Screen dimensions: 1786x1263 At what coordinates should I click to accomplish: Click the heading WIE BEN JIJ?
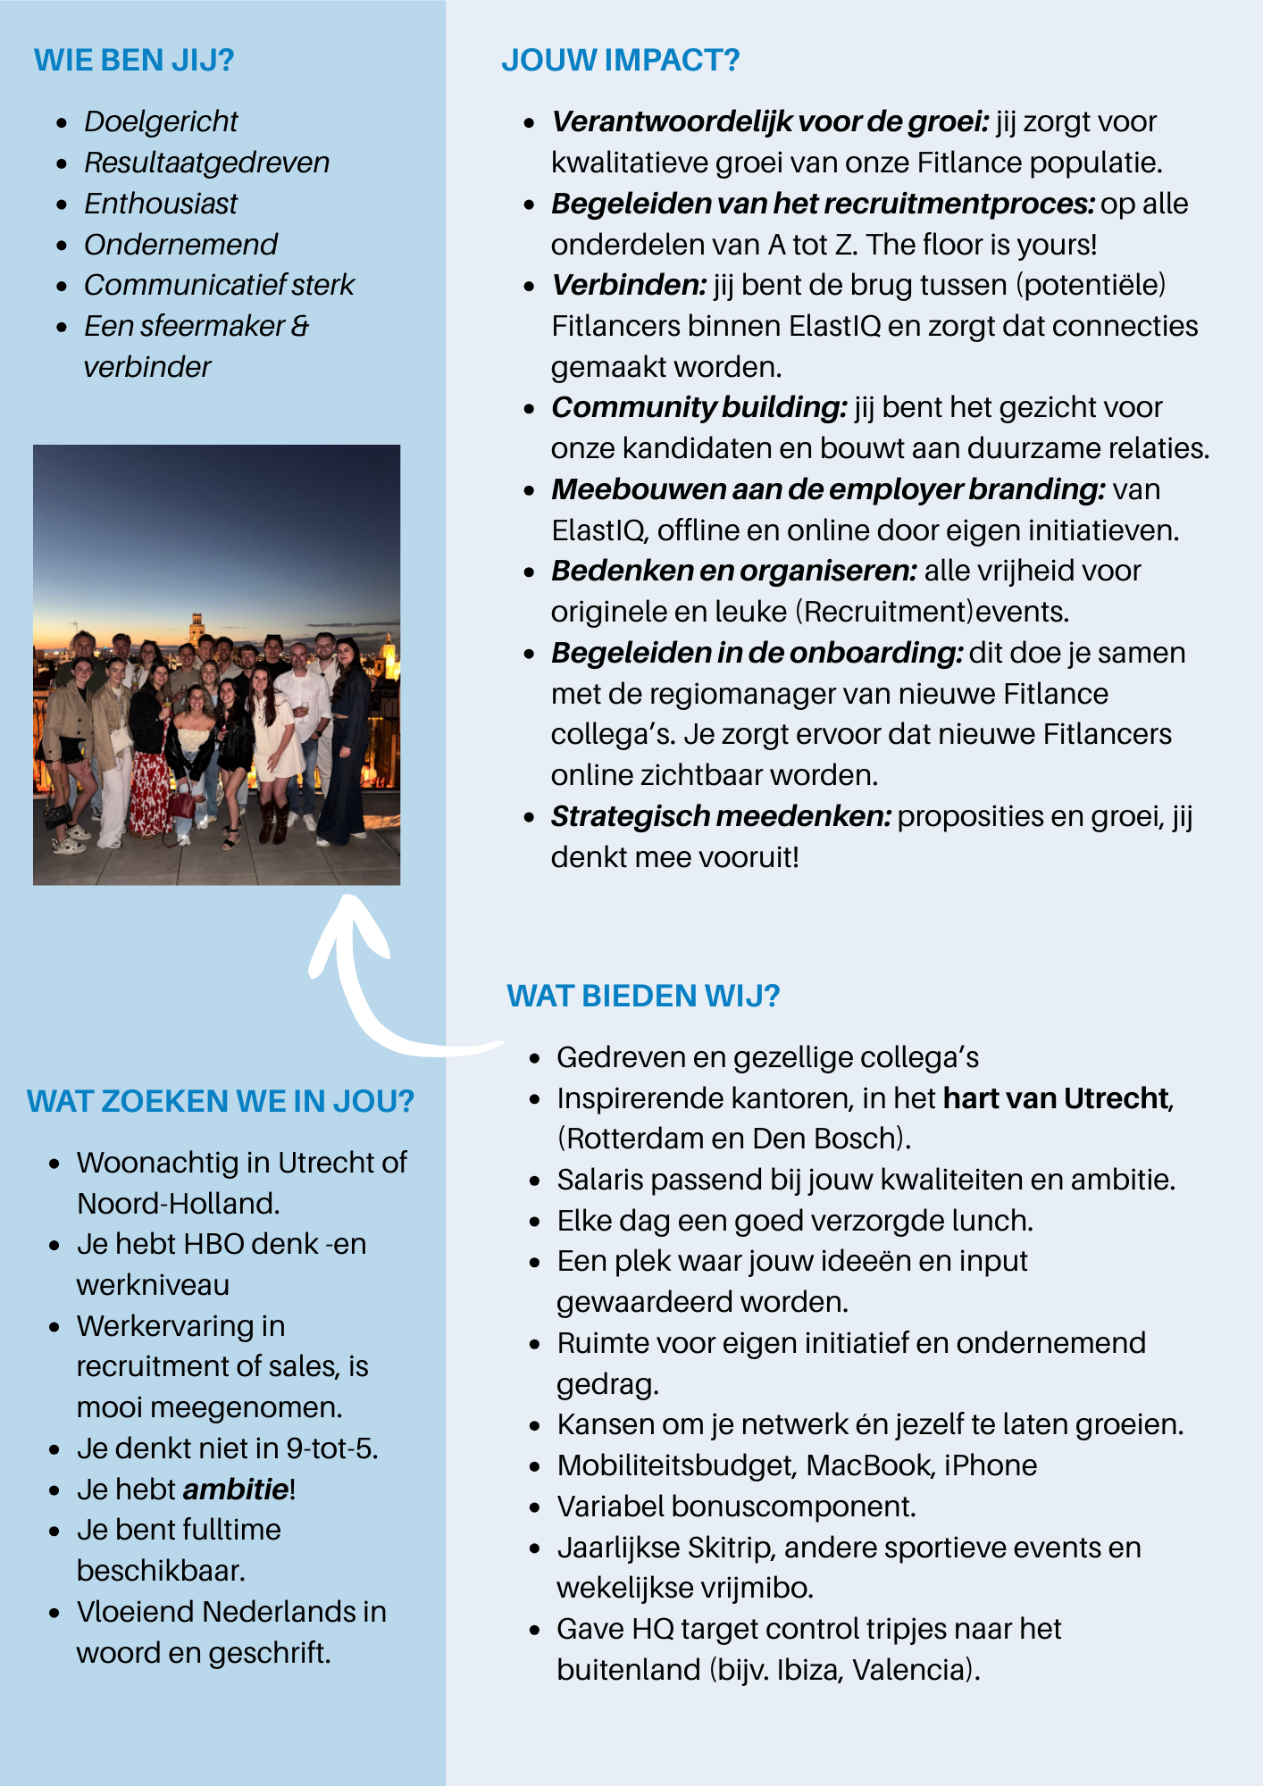pyautogui.click(x=134, y=61)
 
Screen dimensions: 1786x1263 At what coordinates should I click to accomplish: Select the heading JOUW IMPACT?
pyautogui.click(x=620, y=61)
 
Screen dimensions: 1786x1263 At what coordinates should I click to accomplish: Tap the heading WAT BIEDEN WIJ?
pyautogui.click(x=643, y=996)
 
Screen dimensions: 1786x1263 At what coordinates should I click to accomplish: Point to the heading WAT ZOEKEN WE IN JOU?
pyautogui.click(x=221, y=1101)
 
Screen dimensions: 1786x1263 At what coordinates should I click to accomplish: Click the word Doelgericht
pyautogui.click(x=161, y=121)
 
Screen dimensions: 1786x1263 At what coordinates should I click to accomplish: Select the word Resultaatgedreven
pyautogui.click(x=206, y=163)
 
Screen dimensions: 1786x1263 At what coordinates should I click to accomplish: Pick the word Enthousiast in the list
pyautogui.click(x=161, y=204)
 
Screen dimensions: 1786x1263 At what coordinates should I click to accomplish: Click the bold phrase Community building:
pyautogui.click(x=699, y=407)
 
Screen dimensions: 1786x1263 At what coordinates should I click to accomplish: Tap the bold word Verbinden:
pyautogui.click(x=629, y=285)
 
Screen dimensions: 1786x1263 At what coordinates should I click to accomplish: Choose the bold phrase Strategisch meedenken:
pyautogui.click(x=721, y=816)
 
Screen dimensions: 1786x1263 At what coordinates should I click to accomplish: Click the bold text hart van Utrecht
pyautogui.click(x=1056, y=1097)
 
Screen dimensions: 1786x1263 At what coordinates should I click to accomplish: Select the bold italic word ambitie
pyautogui.click(x=236, y=1490)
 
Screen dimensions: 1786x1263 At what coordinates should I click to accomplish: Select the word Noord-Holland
pyautogui.click(x=177, y=1204)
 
